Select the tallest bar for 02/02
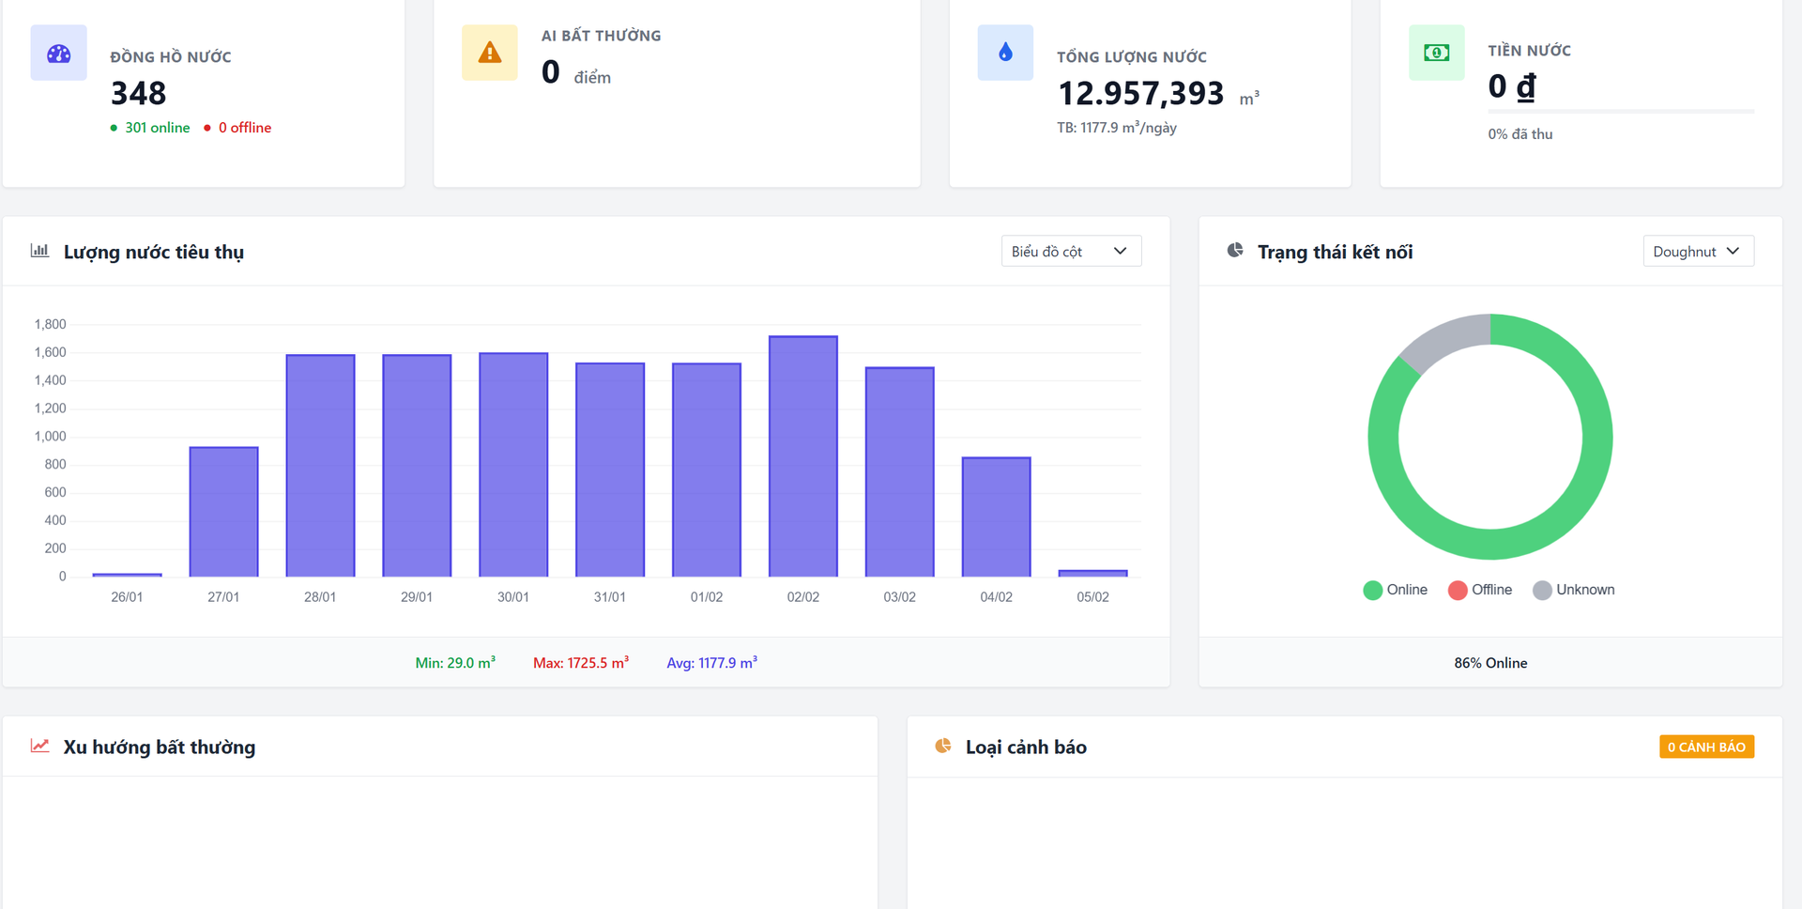[803, 456]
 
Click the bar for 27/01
[223, 512]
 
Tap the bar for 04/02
[997, 516]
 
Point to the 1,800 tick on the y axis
[51, 324]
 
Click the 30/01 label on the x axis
[513, 597]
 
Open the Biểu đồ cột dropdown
[1071, 252]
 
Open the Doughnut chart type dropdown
[1698, 252]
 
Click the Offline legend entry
[1480, 590]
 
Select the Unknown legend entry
[1574, 590]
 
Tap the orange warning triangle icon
[490, 53]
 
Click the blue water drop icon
[1005, 53]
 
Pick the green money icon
[1436, 53]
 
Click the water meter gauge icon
[59, 53]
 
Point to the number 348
[138, 93]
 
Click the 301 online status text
[158, 128]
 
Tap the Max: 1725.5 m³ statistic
[581, 663]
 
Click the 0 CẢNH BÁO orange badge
[1706, 747]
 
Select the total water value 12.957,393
[1140, 93]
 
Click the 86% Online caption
[1490, 663]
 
